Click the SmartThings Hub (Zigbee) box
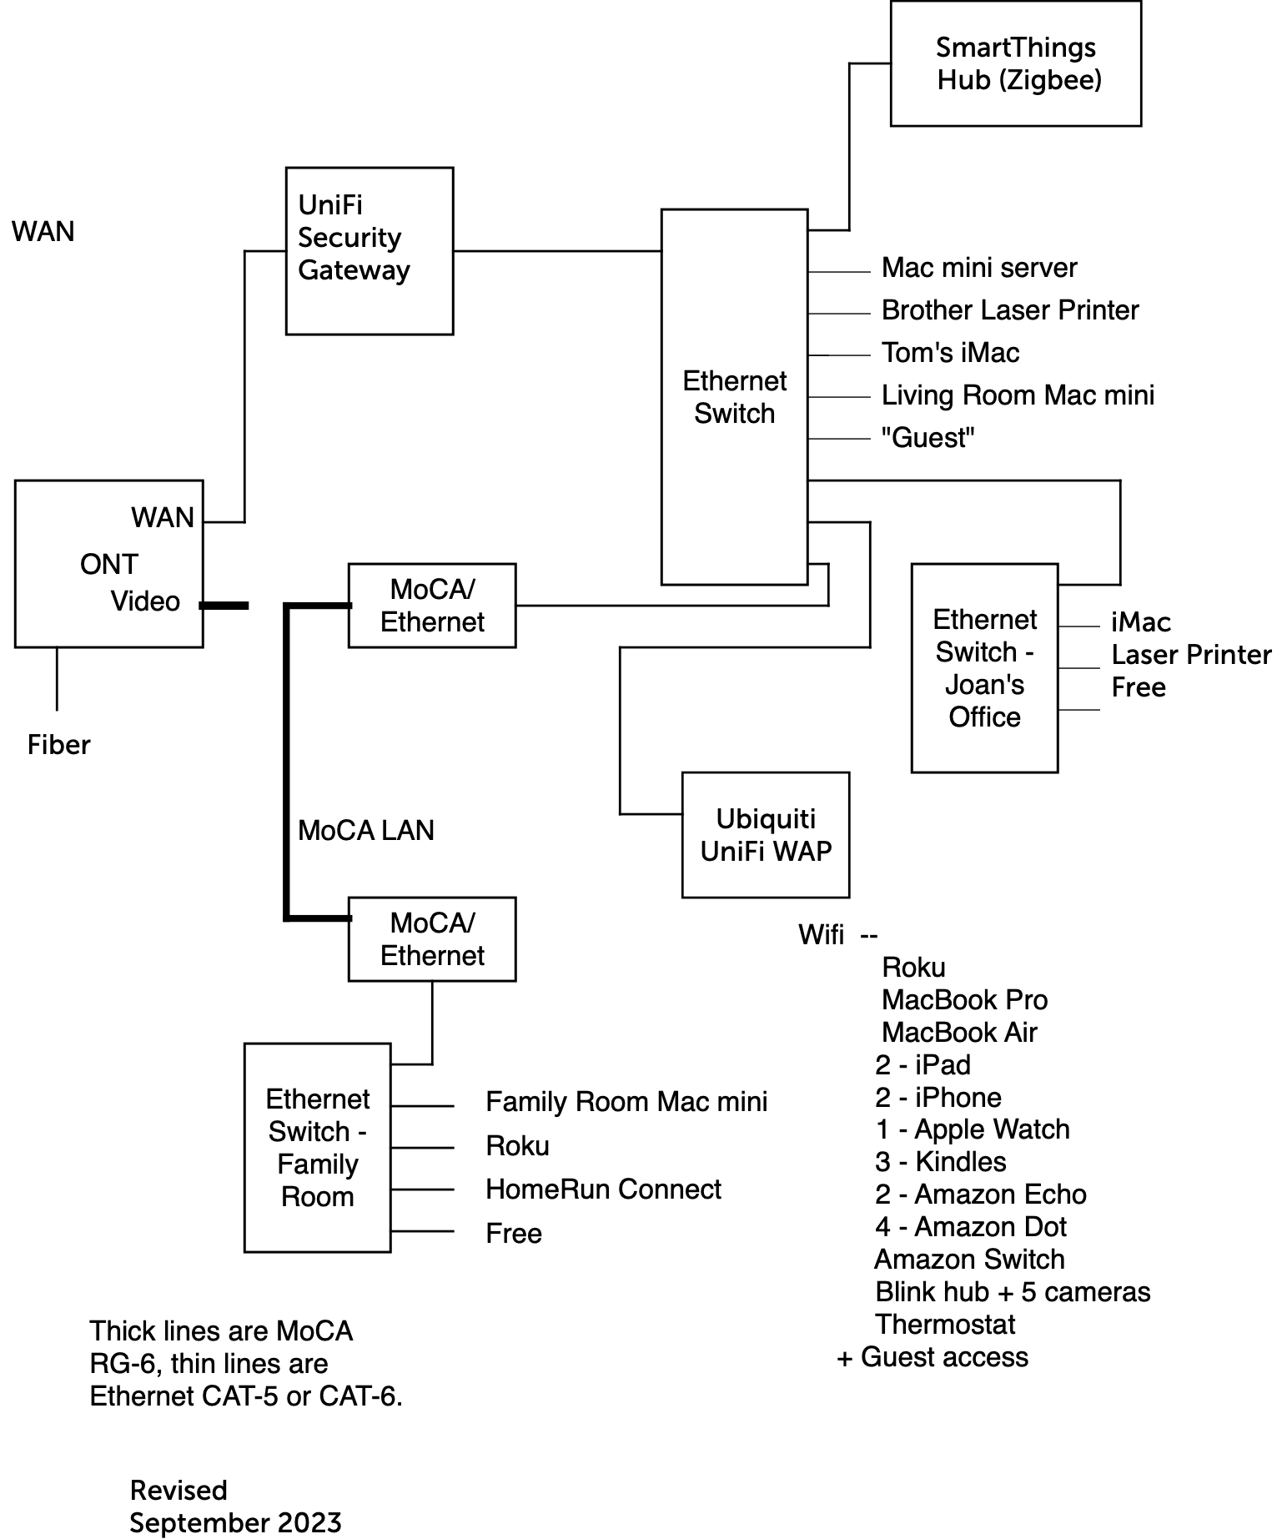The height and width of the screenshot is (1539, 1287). click(x=1015, y=63)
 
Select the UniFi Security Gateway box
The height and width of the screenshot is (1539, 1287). click(x=369, y=250)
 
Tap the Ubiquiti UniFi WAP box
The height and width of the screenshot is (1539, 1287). click(x=765, y=834)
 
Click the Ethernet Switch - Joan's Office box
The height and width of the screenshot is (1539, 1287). click(x=984, y=667)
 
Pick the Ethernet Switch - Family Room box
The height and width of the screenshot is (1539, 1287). click(x=317, y=1147)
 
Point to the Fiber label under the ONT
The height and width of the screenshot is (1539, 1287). click(x=58, y=744)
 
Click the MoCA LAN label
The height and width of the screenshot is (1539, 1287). click(x=365, y=830)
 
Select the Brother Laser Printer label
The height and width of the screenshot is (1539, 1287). click(x=1009, y=310)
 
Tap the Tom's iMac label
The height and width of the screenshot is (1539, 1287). click(x=950, y=353)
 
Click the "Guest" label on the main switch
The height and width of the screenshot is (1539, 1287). click(x=928, y=438)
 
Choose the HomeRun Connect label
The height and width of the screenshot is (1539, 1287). click(x=603, y=1189)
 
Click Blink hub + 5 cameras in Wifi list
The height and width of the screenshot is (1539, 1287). click(x=1012, y=1292)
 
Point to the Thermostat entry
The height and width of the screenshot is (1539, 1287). click(x=944, y=1325)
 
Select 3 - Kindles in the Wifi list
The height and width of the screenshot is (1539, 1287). click(x=940, y=1162)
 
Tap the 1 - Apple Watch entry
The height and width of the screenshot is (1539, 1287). click(x=972, y=1129)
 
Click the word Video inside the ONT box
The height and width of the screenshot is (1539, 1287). click(x=145, y=601)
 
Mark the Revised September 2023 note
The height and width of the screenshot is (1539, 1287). click(x=235, y=1506)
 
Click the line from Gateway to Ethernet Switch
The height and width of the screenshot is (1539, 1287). click(x=556, y=250)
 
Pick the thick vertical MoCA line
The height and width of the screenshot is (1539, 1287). click(x=286, y=761)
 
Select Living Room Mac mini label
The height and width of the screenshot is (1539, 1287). click(x=1018, y=395)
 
